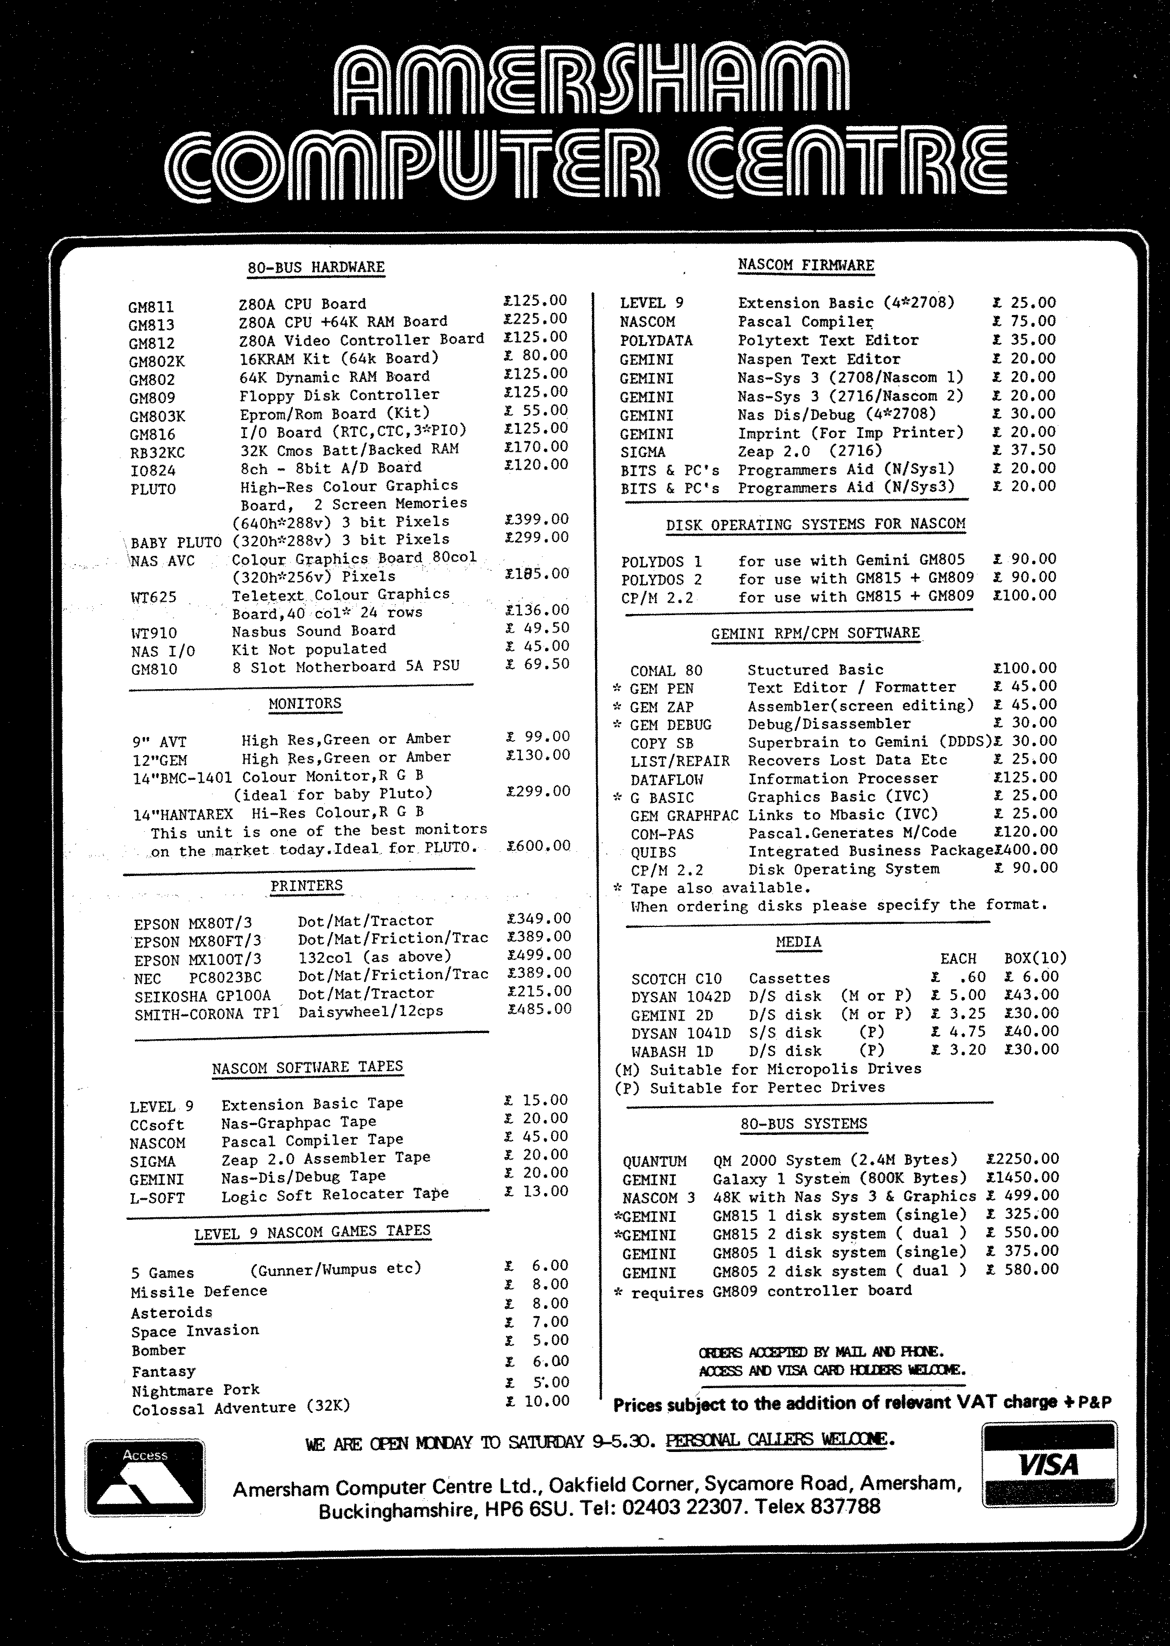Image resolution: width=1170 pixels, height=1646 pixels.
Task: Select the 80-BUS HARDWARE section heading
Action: tap(316, 267)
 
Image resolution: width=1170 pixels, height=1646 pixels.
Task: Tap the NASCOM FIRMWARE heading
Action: tap(806, 265)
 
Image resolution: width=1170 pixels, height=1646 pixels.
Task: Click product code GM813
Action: tap(151, 325)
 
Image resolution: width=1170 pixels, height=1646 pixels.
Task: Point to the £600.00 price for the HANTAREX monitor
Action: tap(538, 846)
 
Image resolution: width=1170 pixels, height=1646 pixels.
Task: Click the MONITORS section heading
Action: tap(305, 703)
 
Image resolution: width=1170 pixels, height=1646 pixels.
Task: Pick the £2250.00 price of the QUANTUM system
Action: tap(1022, 1158)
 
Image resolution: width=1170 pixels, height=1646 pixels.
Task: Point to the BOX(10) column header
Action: tap(1035, 958)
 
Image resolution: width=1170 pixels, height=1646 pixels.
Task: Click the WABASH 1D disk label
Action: tap(671, 1051)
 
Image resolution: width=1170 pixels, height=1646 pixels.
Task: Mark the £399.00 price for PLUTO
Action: tap(537, 519)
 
